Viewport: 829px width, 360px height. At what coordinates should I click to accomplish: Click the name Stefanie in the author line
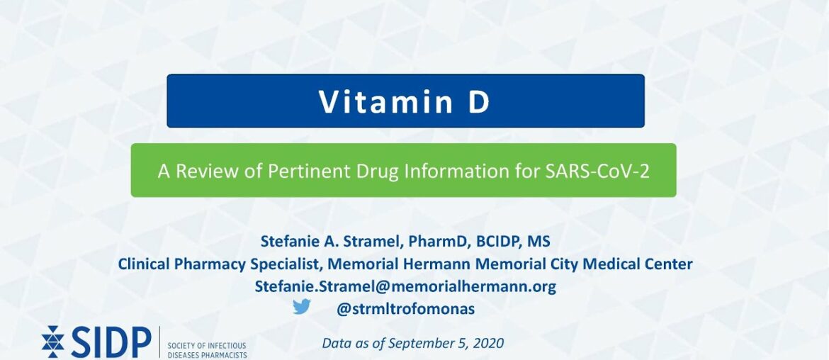tap(289, 242)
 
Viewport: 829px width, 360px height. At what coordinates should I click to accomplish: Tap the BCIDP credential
tap(497, 242)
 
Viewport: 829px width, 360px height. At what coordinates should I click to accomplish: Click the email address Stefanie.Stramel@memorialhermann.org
tap(405, 286)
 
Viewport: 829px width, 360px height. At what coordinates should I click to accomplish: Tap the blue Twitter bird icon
tap(302, 307)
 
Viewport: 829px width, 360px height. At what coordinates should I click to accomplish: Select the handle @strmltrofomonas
tap(405, 309)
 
